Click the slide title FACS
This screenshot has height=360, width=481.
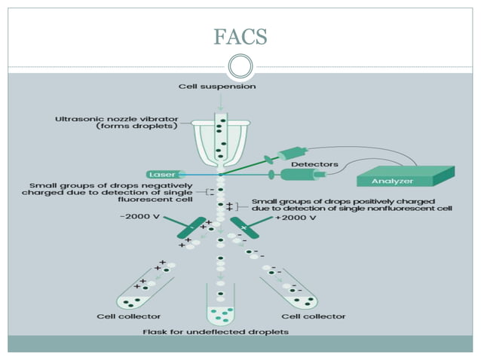pyautogui.click(x=240, y=36)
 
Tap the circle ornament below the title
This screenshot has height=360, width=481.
pyautogui.click(x=240, y=66)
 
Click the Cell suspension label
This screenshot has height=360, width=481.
pyautogui.click(x=216, y=87)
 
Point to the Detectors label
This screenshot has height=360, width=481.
pyautogui.click(x=314, y=163)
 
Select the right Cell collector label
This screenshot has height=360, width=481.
pyautogui.click(x=314, y=316)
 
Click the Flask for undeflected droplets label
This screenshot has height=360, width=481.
pyautogui.click(x=216, y=331)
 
